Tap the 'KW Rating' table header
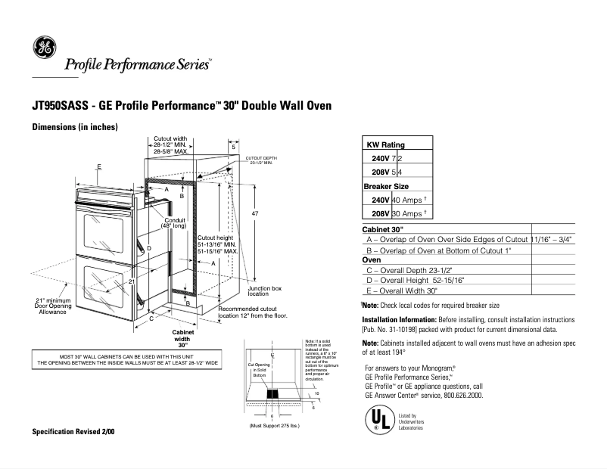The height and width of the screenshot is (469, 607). pyautogui.click(x=385, y=144)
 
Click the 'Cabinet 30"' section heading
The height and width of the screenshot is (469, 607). pyautogui.click(x=383, y=228)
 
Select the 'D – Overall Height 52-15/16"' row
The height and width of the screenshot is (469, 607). pyautogui.click(x=416, y=280)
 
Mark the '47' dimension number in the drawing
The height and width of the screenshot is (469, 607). pyautogui.click(x=255, y=215)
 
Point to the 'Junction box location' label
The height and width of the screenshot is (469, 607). pyautogui.click(x=265, y=291)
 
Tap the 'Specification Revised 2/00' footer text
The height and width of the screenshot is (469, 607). pyautogui.click(x=73, y=431)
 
